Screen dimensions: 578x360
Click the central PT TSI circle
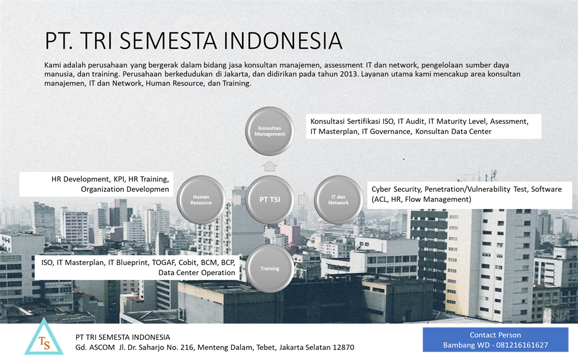(x=269, y=199)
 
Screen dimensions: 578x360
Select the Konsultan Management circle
(x=269, y=131)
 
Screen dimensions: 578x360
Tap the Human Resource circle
(x=201, y=199)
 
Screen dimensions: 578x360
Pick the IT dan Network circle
(x=338, y=199)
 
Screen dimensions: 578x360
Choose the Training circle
(x=269, y=269)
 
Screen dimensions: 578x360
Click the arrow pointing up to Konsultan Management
(x=269, y=166)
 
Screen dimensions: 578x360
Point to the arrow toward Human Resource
(x=236, y=199)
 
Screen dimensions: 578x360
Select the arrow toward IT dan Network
(x=303, y=199)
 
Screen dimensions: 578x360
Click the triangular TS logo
(x=44, y=338)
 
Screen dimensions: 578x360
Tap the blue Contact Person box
(x=495, y=340)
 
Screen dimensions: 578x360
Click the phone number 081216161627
(x=522, y=345)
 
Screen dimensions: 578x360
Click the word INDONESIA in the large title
(x=283, y=41)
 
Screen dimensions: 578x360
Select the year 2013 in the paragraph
(x=349, y=74)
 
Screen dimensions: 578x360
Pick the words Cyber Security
(x=397, y=189)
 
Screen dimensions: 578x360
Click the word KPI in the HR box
(x=119, y=179)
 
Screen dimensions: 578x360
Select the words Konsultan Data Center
(x=453, y=132)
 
